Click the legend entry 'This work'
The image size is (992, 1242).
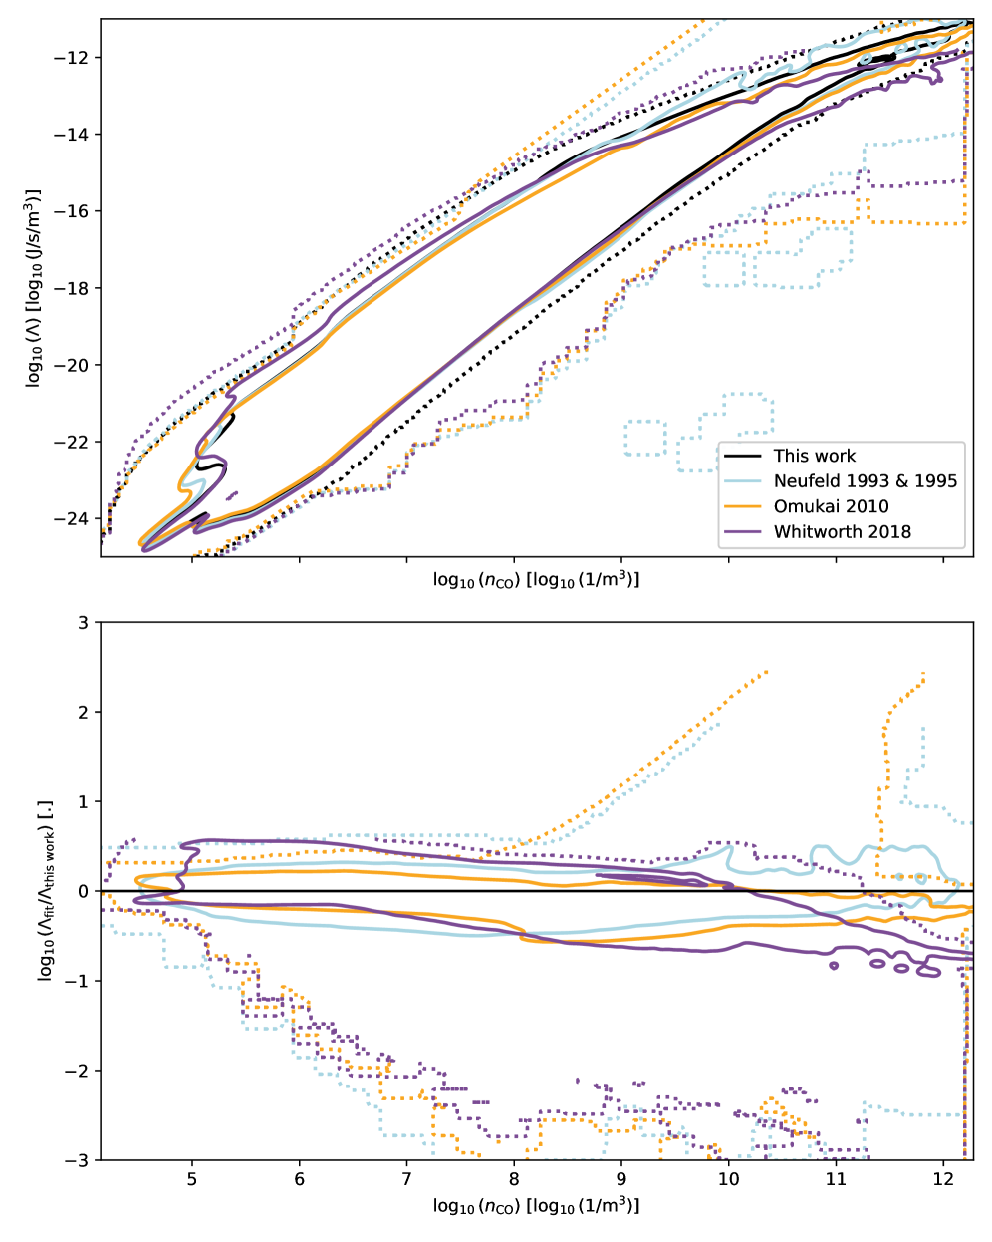(814, 456)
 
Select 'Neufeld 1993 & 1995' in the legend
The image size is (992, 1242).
(865, 481)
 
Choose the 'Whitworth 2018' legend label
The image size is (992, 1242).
(842, 531)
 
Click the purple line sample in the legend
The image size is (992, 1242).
(743, 531)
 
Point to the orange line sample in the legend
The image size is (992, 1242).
(743, 506)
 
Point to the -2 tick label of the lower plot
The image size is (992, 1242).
(77, 1071)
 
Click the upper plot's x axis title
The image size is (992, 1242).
(536, 580)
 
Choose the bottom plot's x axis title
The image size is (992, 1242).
(536, 1206)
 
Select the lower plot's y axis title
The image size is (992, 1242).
(46, 891)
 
